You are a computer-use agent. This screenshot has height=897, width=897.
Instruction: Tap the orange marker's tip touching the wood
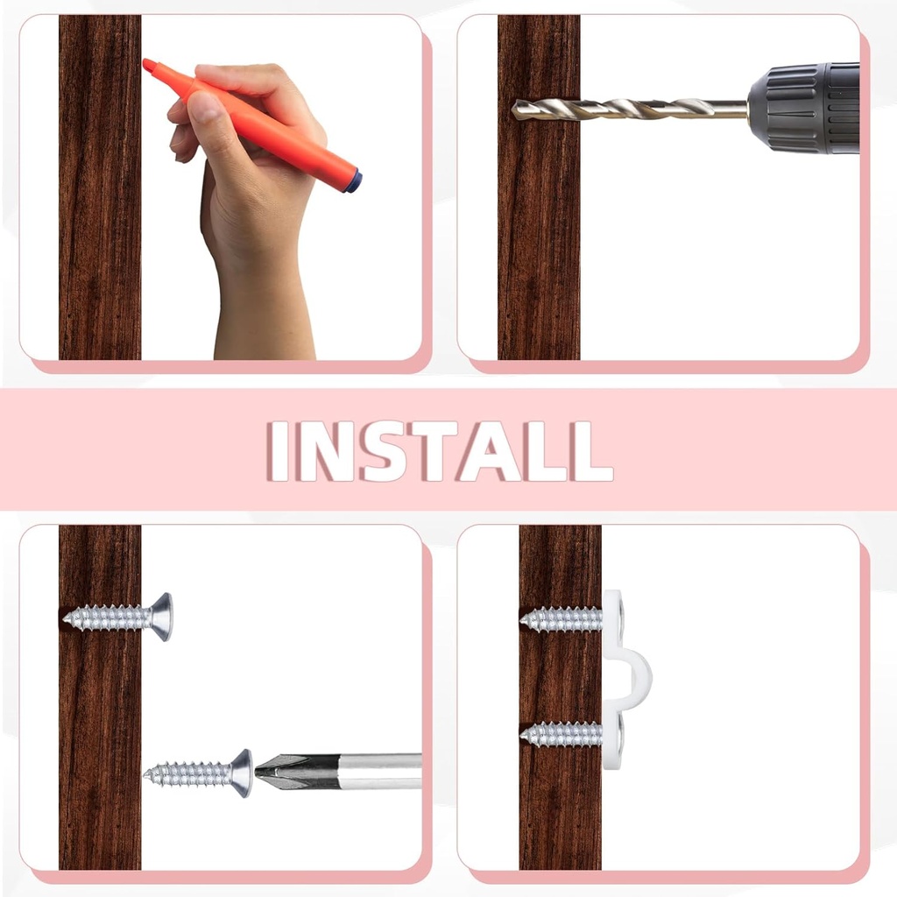(149, 66)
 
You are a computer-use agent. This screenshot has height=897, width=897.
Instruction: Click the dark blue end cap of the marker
(353, 181)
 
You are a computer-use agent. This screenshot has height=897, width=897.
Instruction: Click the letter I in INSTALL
(279, 450)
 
